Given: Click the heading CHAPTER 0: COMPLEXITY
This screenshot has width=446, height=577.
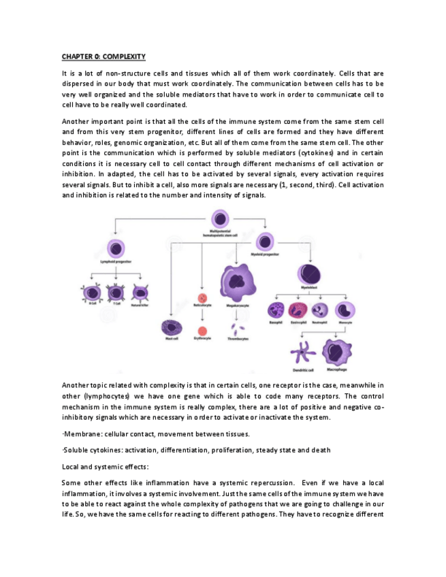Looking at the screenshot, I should click(x=103, y=56).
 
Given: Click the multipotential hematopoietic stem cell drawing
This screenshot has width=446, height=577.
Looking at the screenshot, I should click(x=219, y=219).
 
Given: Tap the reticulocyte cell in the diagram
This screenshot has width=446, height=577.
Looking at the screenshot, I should click(x=202, y=297).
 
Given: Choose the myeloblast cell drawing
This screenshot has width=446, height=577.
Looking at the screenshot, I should click(x=309, y=275).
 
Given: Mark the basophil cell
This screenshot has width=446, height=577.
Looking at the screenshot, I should click(x=276, y=310).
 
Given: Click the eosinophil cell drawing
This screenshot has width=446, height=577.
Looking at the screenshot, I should click(x=298, y=310).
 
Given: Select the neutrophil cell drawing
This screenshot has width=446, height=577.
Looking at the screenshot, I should click(x=320, y=310).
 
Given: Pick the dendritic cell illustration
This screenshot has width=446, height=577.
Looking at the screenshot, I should click(x=302, y=354).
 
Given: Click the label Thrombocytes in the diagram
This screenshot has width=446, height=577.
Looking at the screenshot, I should click(x=237, y=339).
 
